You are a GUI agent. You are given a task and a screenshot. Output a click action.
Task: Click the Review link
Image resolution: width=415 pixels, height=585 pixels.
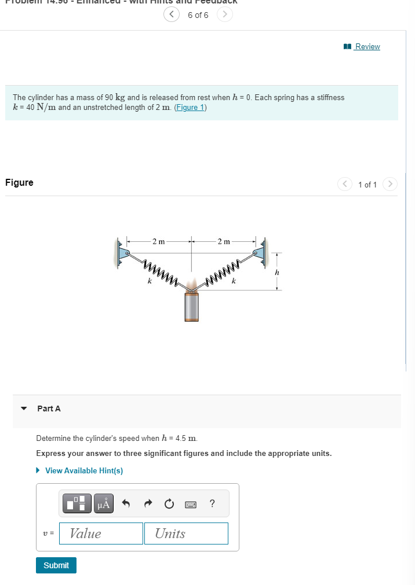tap(367, 46)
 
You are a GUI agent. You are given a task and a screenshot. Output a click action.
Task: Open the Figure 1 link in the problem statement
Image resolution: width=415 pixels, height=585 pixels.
tap(190, 108)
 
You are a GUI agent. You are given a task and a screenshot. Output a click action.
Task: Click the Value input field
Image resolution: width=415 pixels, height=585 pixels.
tap(106, 534)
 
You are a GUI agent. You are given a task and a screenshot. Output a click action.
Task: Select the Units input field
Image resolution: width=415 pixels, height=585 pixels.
tap(191, 534)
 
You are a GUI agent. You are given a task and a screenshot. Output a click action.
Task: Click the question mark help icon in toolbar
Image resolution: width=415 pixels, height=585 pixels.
tap(212, 503)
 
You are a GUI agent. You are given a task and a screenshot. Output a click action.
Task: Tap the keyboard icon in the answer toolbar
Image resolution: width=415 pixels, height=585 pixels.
tap(191, 504)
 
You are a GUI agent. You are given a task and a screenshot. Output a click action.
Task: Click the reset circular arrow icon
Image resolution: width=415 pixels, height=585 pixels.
tap(169, 504)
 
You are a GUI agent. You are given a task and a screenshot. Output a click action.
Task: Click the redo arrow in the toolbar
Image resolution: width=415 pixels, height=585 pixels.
tap(147, 504)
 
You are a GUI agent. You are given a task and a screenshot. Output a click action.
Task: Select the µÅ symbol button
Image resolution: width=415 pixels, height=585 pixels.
tap(104, 503)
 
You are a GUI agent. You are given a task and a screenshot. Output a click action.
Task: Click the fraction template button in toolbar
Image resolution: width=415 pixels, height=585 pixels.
tap(78, 503)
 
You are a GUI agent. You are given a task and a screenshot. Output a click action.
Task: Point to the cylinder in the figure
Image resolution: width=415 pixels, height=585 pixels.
tap(191, 306)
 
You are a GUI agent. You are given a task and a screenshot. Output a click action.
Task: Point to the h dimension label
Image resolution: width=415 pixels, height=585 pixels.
tap(277, 272)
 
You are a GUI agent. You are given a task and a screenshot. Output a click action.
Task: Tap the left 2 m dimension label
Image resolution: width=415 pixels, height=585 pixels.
tap(158, 241)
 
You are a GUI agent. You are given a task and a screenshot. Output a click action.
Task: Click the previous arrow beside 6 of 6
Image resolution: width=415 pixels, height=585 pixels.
tap(172, 15)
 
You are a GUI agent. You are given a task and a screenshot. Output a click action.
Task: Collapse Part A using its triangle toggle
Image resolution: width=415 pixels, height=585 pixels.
tap(24, 409)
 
